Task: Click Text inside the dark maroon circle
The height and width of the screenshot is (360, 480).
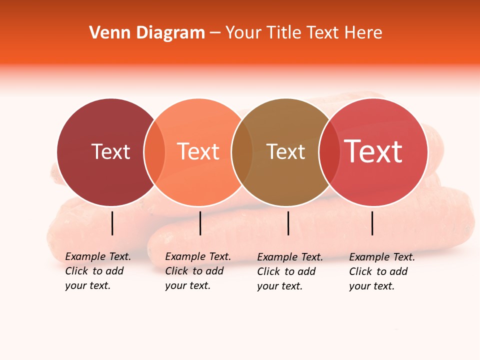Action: (110, 151)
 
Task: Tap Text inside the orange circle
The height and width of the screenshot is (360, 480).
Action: (198, 151)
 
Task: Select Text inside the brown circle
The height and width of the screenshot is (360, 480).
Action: (285, 151)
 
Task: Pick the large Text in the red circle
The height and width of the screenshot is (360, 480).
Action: (373, 151)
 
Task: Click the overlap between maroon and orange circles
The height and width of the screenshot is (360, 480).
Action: (154, 152)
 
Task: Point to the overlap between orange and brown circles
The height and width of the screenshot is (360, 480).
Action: (242, 152)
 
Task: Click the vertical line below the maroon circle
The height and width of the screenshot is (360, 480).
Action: (112, 223)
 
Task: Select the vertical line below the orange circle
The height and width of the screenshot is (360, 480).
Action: (200, 223)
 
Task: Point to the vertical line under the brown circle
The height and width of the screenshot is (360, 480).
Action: (288, 223)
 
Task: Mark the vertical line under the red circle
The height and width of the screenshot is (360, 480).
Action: (372, 223)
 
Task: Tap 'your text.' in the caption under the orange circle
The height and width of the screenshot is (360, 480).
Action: (187, 285)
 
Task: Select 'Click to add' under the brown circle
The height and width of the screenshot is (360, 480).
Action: (286, 271)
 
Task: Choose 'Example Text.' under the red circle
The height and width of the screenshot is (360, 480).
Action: (382, 257)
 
